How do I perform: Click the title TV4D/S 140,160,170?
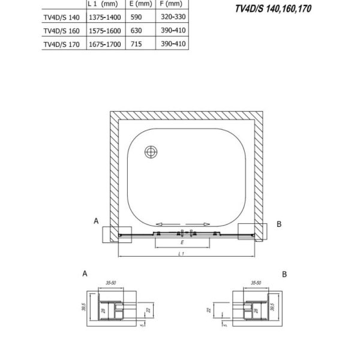click(x=273, y=9)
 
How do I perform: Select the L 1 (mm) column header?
click(x=103, y=4)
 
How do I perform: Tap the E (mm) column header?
click(x=141, y=4)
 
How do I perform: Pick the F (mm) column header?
click(x=171, y=4)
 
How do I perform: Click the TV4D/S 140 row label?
click(x=62, y=17)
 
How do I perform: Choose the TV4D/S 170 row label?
click(x=62, y=44)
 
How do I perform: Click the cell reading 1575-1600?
click(x=104, y=31)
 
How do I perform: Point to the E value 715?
click(x=136, y=44)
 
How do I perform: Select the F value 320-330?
click(x=173, y=17)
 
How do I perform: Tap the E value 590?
click(x=136, y=17)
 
